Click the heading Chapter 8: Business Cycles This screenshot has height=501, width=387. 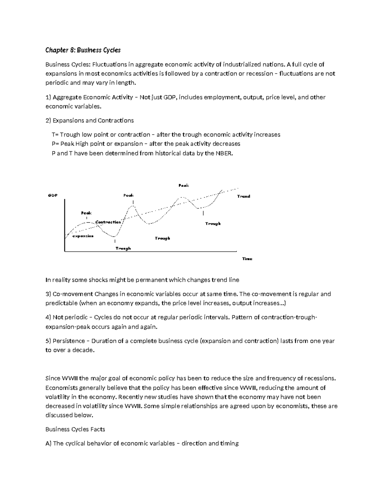(83, 50)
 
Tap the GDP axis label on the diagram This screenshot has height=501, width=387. (53, 195)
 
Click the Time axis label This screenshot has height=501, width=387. (247, 259)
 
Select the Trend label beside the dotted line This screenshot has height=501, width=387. (243, 196)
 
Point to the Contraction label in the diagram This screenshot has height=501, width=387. (108, 222)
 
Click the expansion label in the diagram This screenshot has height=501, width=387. (83, 236)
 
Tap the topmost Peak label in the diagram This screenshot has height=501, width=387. (184, 185)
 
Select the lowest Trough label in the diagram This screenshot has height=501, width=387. (123, 248)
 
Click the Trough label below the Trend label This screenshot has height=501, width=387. (213, 224)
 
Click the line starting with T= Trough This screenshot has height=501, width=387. (166, 135)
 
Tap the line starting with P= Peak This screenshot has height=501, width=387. (146, 144)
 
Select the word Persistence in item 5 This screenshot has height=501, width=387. (69, 341)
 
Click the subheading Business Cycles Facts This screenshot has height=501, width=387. (75, 429)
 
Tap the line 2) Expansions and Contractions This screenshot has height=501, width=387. (89, 120)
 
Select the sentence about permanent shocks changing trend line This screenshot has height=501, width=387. (142, 280)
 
